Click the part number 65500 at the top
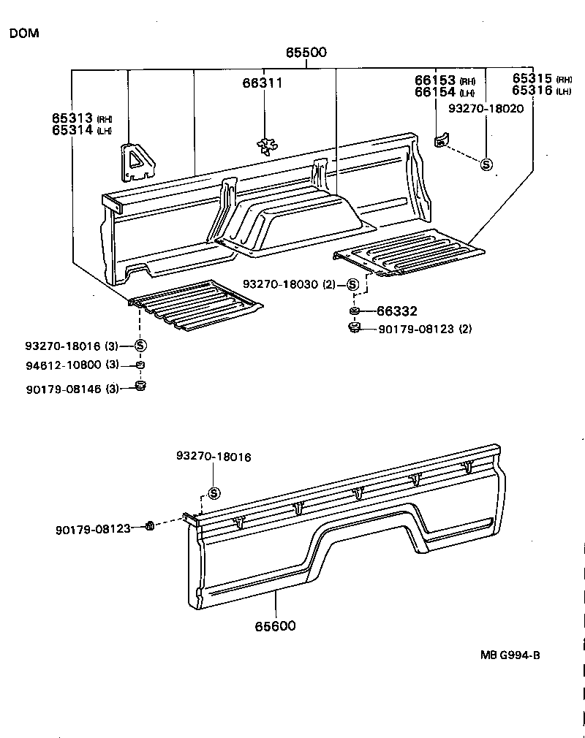(306, 53)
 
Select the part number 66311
(263, 83)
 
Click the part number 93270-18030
(280, 284)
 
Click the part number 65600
(276, 626)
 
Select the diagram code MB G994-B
(510, 655)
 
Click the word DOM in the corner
(24, 34)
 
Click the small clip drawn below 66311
(267, 145)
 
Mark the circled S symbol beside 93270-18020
(486, 164)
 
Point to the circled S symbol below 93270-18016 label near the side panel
(214, 493)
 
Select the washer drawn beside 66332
(354, 312)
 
